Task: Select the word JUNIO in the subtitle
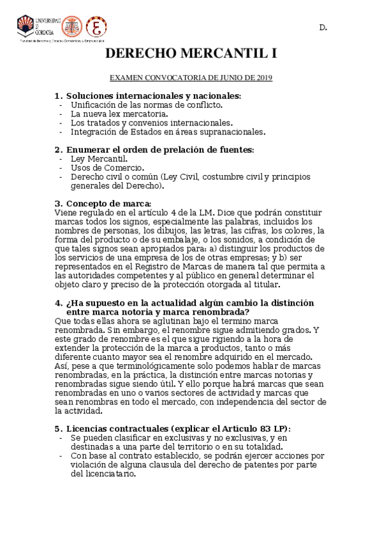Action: [x=219, y=78]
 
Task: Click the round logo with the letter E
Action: [x=96, y=27]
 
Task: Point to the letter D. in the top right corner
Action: [x=323, y=28]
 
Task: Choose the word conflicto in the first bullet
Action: [x=204, y=104]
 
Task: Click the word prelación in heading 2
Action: [x=179, y=150]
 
